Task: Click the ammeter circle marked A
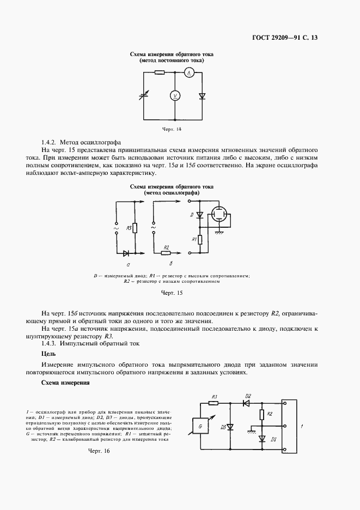tap(188, 72)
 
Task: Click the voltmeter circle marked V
tap(175, 96)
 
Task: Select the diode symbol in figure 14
tap(202, 96)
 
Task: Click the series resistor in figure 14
tap(160, 72)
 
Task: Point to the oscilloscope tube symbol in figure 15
tap(219, 215)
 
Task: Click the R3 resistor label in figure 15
tap(129, 228)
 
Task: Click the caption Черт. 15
tap(172, 293)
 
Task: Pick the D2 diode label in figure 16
tap(248, 396)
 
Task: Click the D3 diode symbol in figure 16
tap(229, 427)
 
